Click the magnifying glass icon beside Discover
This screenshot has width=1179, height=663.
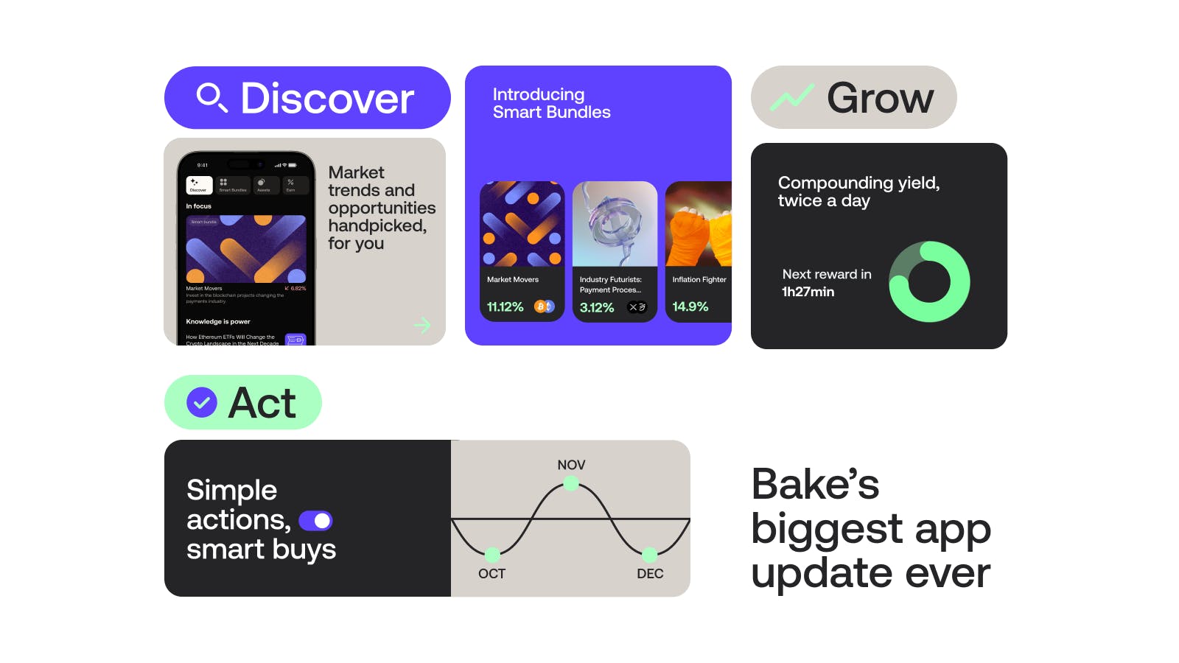click(x=211, y=97)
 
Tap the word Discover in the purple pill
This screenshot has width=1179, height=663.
click(x=327, y=98)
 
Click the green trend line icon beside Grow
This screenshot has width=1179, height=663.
click(x=792, y=97)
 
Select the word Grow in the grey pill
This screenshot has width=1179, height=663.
click(x=880, y=97)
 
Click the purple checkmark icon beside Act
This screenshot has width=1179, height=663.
click(x=201, y=402)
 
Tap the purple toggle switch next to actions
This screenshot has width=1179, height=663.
click(x=315, y=521)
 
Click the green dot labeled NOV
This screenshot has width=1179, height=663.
click(x=570, y=484)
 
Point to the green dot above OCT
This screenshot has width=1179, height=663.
click(x=492, y=555)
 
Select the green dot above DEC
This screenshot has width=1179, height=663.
click(x=649, y=555)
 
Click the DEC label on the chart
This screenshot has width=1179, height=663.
click(x=650, y=574)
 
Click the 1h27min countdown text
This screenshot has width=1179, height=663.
click(x=808, y=292)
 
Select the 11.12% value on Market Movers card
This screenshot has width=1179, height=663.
click(x=505, y=306)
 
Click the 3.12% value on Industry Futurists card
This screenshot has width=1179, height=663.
click(x=597, y=307)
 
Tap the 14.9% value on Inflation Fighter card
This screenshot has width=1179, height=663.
click(x=690, y=306)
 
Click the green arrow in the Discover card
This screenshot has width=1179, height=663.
click(x=422, y=325)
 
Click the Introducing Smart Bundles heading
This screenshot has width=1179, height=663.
click(x=551, y=103)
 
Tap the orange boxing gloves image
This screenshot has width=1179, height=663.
click(x=698, y=225)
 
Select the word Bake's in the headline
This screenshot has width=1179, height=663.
click(x=815, y=484)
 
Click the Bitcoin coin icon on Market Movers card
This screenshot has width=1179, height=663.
click(x=541, y=306)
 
